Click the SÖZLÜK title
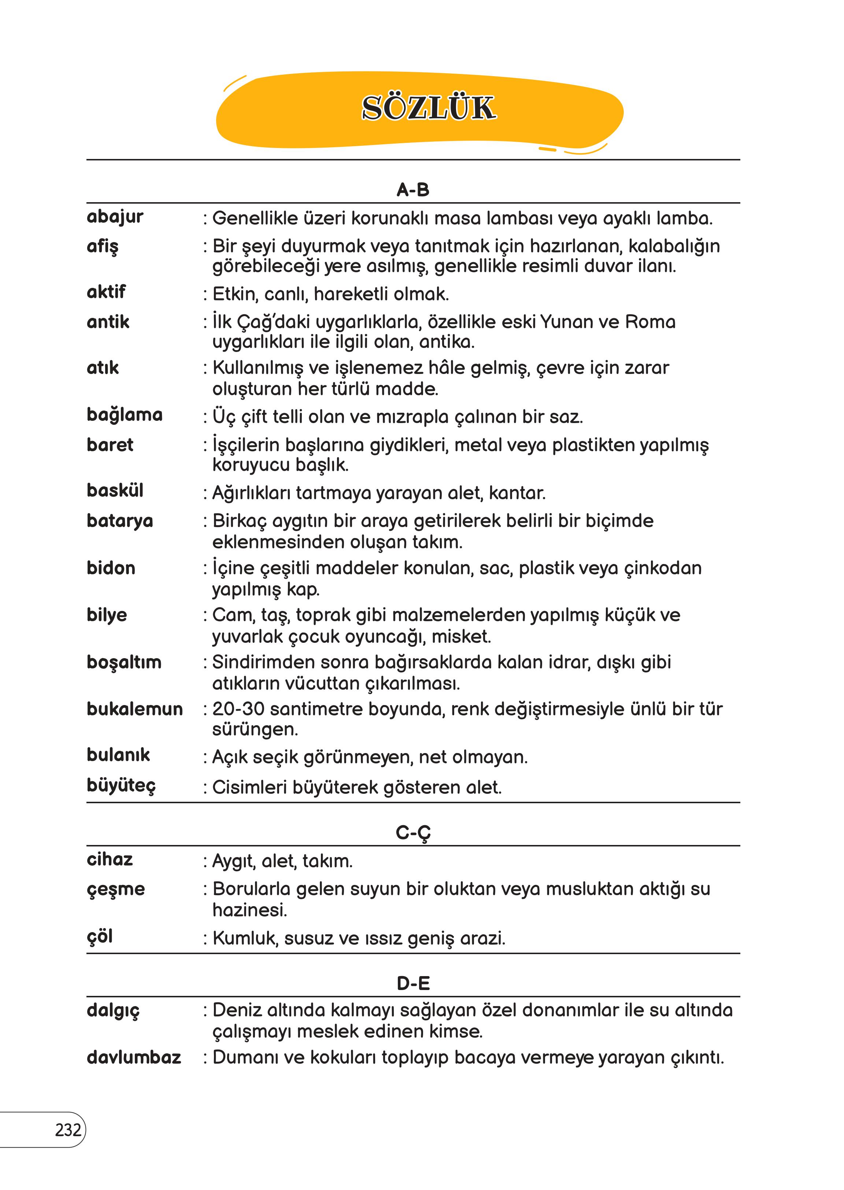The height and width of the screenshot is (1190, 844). click(428, 108)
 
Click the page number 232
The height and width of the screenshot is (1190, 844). click(68, 1130)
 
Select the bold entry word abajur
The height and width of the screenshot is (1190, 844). click(115, 217)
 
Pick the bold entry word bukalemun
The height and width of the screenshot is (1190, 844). click(134, 709)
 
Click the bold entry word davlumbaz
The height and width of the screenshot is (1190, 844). click(134, 1057)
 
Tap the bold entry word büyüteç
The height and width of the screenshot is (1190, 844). click(121, 785)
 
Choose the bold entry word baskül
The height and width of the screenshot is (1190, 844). click(115, 490)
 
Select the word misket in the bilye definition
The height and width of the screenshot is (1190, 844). click(461, 637)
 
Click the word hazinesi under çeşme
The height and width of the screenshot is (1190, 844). click(249, 910)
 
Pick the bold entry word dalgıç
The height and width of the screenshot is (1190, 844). click(113, 1010)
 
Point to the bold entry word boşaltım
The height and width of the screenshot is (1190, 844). click(124, 662)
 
